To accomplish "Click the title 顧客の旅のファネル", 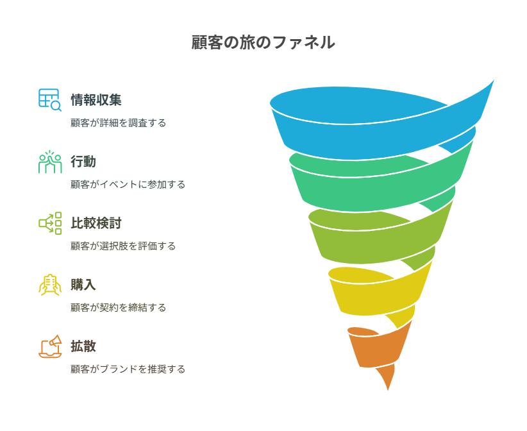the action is (x=263, y=42).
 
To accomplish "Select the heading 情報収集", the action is (x=96, y=100).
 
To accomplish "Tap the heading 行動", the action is (x=83, y=162).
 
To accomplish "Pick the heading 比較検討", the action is (x=96, y=223).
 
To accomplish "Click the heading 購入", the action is (x=83, y=285).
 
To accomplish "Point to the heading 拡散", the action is (x=83, y=346).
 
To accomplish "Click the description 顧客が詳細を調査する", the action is (x=119, y=123).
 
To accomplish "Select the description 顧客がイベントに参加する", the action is (x=128, y=184).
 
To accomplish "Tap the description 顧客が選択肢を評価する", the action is (x=123, y=246).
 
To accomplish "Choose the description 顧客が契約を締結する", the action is (x=119, y=307).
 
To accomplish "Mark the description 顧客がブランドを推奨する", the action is (x=128, y=369).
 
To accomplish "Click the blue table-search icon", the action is (x=50, y=100).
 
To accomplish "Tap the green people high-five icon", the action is (x=50, y=162).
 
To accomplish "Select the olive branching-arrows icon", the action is (x=50, y=223).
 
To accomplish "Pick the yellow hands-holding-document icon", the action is (x=50, y=285).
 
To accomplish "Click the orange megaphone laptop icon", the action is (x=50, y=346).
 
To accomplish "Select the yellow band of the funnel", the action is (x=373, y=296).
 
